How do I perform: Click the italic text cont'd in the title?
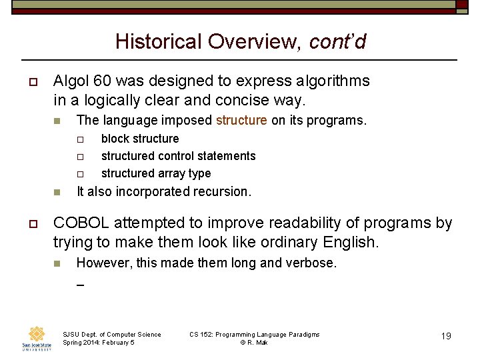[x=337, y=41]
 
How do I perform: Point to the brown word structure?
[x=241, y=121]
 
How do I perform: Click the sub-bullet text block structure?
[x=140, y=139]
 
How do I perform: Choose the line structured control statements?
[x=178, y=156]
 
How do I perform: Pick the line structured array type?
[x=155, y=173]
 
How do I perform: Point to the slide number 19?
[x=446, y=336]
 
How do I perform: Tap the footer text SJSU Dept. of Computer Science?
[x=111, y=334]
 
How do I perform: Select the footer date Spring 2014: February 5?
[x=98, y=343]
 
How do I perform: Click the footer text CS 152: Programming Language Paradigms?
[x=254, y=334]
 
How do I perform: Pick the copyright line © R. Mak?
[x=254, y=343]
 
